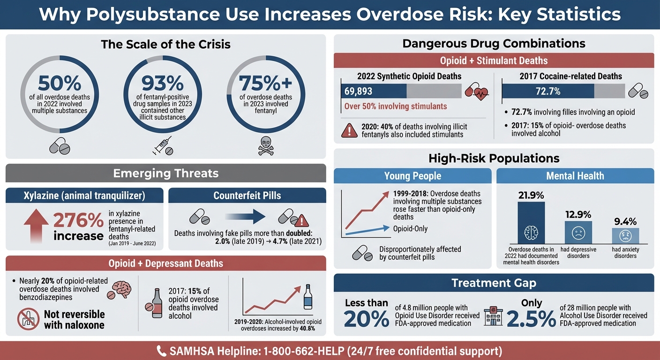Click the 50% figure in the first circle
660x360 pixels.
pyautogui.click(x=59, y=83)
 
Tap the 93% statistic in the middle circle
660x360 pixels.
pyautogui.click(x=162, y=83)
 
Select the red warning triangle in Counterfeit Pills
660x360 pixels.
pyautogui.click(x=300, y=220)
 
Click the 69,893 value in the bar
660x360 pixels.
pyautogui.click(x=358, y=90)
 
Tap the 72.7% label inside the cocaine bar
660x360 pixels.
pyautogui.click(x=547, y=90)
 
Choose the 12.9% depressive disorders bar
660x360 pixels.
pyautogui.click(x=578, y=232)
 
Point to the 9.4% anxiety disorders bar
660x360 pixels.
pyautogui.click(x=625, y=235)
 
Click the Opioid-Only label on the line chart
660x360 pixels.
pyautogui.click(x=410, y=229)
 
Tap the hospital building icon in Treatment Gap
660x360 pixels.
pyautogui.click(x=492, y=316)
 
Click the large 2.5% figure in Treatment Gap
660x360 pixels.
pyautogui.click(x=531, y=319)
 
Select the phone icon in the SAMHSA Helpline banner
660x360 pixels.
pyautogui.click(x=161, y=351)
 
